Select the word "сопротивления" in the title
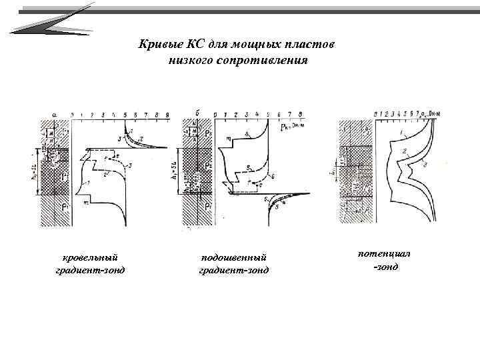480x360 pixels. point(271,60)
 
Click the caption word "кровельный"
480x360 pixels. point(90,257)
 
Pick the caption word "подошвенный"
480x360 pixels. point(234,257)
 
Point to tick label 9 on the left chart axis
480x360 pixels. point(166,115)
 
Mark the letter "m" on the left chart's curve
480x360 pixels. point(86,201)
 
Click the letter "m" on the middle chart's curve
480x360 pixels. point(229,139)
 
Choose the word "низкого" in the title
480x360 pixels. point(195,60)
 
